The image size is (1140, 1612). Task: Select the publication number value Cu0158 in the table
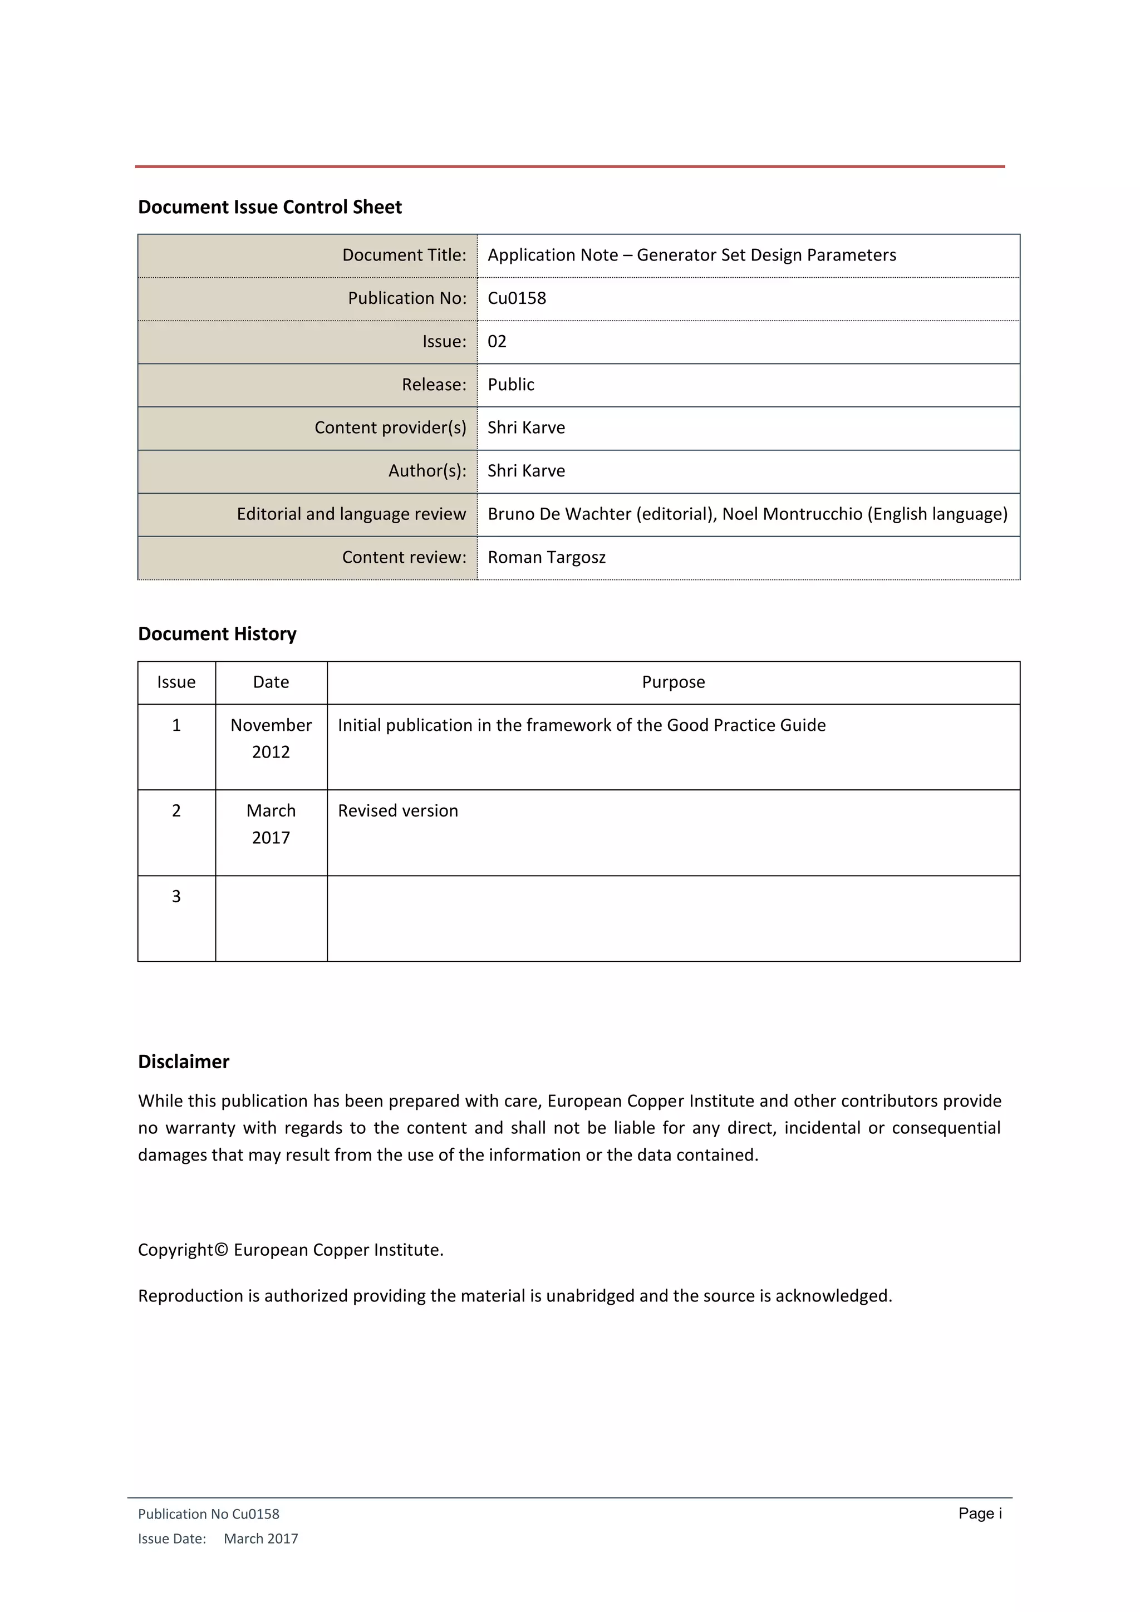point(517,298)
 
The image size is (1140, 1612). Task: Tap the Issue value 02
point(497,342)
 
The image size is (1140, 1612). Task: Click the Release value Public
point(510,385)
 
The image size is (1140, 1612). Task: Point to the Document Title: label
point(404,255)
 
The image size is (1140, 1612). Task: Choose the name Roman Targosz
point(546,557)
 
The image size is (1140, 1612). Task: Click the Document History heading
point(217,634)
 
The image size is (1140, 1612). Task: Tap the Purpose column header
point(673,682)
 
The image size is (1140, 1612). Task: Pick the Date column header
point(271,682)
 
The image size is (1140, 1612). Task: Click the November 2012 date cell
point(271,739)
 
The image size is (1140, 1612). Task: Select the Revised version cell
point(397,811)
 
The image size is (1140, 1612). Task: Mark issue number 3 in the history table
point(176,897)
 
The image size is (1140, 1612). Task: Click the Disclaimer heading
point(183,1062)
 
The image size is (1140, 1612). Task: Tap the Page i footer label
point(980,1513)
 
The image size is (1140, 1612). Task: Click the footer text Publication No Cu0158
point(209,1515)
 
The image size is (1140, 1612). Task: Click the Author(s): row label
point(427,471)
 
